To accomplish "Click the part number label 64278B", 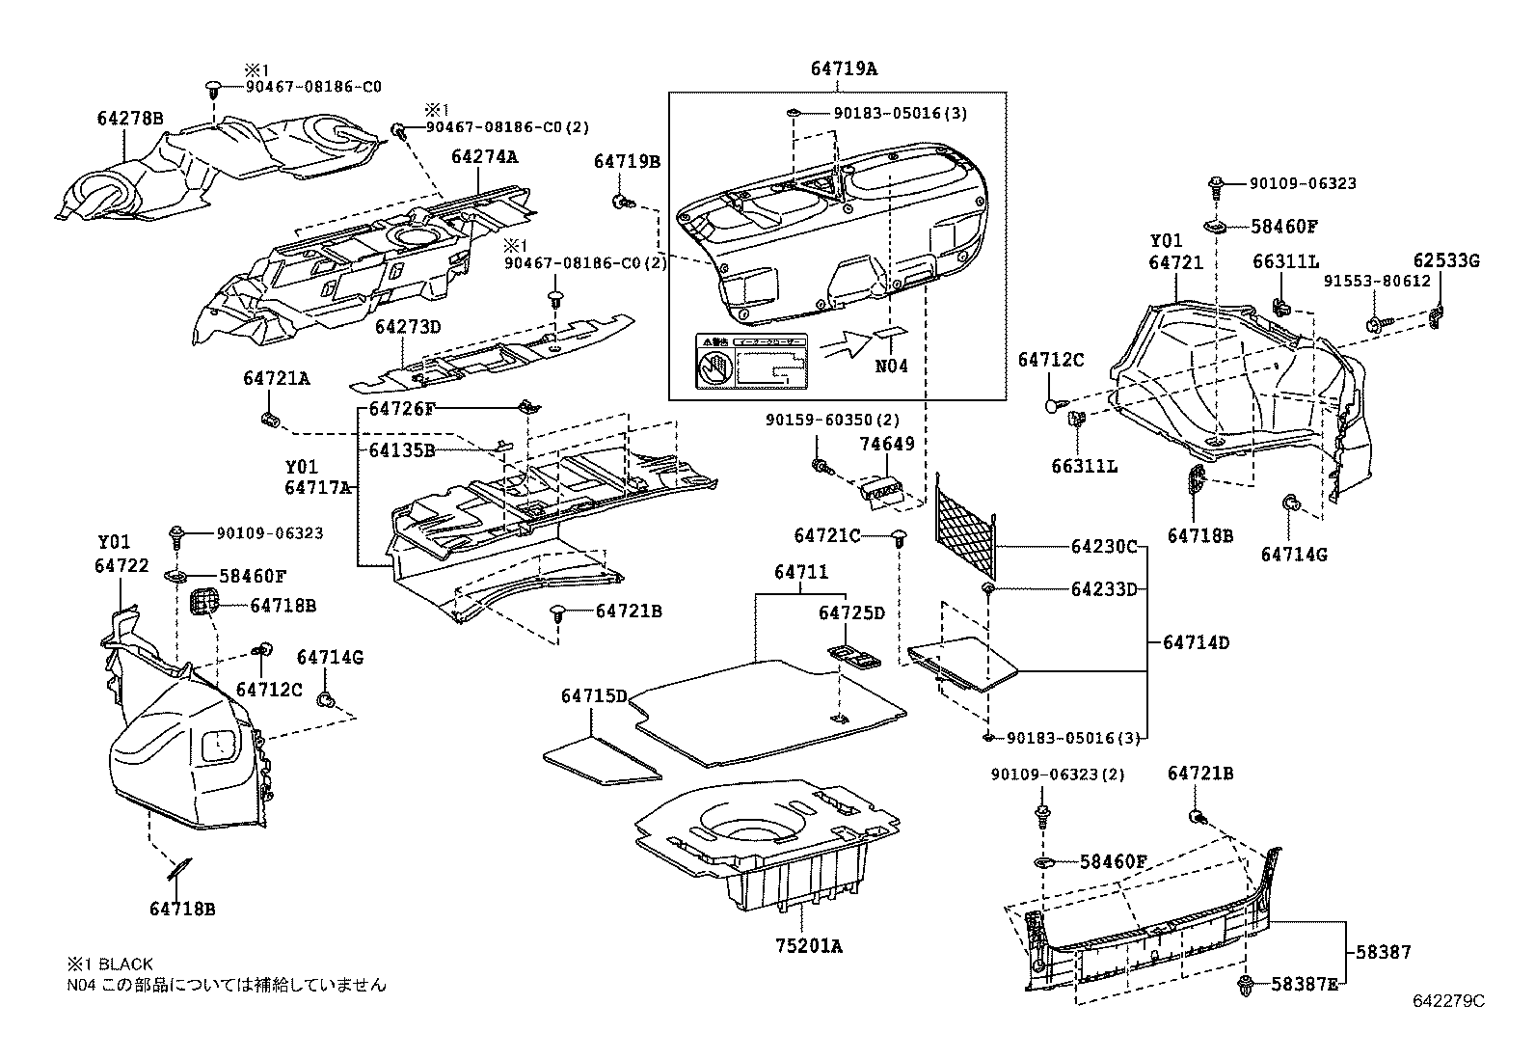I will (x=129, y=119).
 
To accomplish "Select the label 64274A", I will (x=484, y=157).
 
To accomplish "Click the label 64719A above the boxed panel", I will (x=844, y=68).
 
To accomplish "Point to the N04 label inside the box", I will (x=892, y=367).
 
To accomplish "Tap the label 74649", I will (x=886, y=445).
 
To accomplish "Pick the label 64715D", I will (x=594, y=695).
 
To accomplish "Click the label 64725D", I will (x=850, y=613).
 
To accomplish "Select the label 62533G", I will (x=1446, y=260).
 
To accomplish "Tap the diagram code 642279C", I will (x=1448, y=1001).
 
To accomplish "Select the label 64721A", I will (x=276, y=379).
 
